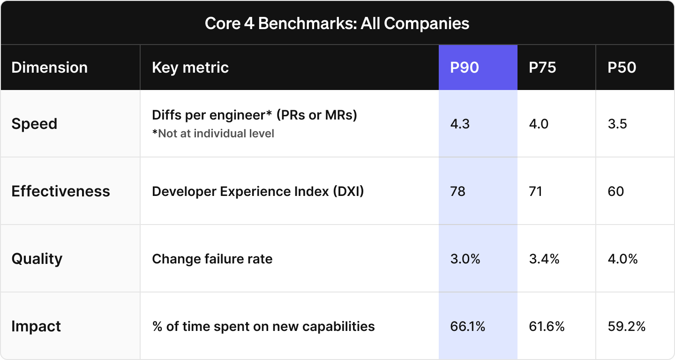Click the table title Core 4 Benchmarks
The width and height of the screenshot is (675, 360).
click(337, 23)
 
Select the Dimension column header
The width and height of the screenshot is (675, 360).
click(49, 67)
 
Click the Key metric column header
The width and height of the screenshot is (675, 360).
click(190, 67)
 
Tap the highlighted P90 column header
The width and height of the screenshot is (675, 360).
click(465, 67)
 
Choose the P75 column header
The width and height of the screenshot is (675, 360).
click(542, 67)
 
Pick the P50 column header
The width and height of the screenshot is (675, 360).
click(622, 67)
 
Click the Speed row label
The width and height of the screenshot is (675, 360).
click(34, 124)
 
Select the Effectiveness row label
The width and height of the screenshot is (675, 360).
click(60, 191)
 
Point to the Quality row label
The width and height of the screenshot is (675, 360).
click(37, 259)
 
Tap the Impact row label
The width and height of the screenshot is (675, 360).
click(36, 326)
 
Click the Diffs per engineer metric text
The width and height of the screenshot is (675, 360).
click(255, 115)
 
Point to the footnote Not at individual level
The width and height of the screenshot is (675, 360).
click(213, 134)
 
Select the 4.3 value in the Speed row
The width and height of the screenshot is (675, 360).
click(460, 124)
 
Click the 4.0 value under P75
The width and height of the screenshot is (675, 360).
click(539, 124)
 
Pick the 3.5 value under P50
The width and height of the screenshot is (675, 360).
click(617, 124)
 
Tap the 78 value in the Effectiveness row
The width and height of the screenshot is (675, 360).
click(457, 191)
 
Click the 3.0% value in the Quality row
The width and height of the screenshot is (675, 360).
click(465, 259)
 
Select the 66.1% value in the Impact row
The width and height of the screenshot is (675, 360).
click(467, 326)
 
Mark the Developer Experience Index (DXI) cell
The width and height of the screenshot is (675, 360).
click(258, 191)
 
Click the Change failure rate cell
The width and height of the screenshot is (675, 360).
click(212, 259)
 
